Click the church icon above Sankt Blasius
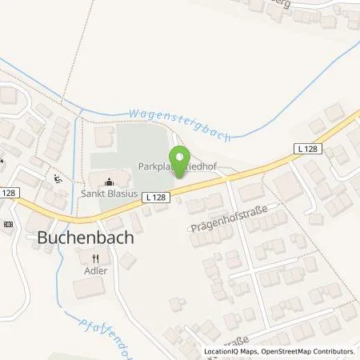click(110, 180)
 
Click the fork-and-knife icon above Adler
click(95, 258)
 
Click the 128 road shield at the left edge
click(7, 193)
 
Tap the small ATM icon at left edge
click(7, 224)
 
